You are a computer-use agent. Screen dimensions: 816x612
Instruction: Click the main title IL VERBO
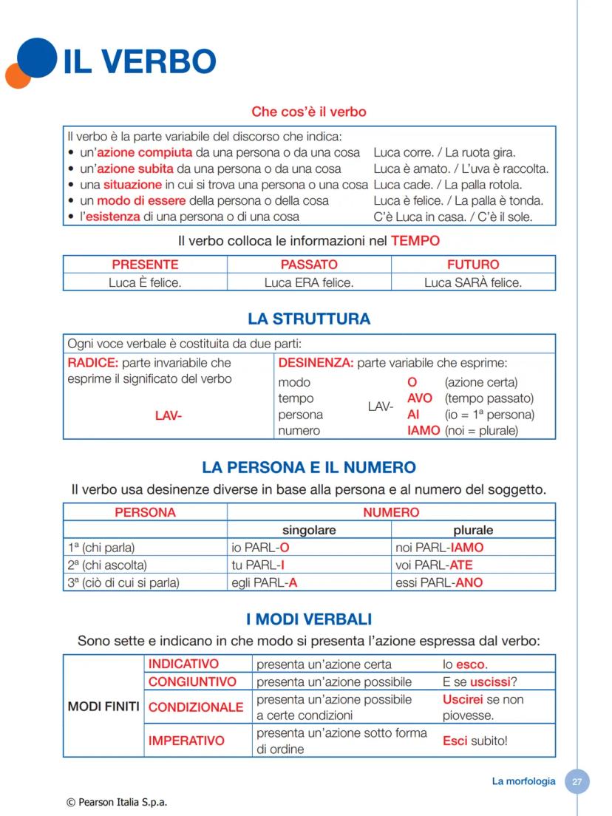pos(140,62)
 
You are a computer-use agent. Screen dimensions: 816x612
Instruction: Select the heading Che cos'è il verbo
pos(308,112)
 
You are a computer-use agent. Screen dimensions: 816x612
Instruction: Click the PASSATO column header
pos(309,265)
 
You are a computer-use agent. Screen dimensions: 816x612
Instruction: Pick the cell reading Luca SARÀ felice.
pos(473,282)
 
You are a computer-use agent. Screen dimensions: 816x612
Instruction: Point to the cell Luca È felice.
pos(145,282)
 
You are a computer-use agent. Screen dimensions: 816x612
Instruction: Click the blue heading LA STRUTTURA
pos(309,319)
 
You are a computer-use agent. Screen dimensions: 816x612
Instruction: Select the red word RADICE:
pos(92,363)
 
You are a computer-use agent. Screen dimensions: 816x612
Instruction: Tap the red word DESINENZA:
pos(316,363)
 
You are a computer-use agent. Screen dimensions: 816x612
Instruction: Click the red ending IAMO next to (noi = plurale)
pos(424,430)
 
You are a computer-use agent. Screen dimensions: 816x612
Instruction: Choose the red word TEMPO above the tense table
pos(415,240)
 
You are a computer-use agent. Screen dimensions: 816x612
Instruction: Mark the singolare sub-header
pos(309,530)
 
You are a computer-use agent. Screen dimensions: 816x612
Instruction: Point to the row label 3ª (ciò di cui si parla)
pos(123,582)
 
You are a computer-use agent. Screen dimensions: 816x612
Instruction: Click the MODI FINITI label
pos(103,707)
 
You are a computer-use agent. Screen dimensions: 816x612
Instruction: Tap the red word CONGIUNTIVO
pos(193,681)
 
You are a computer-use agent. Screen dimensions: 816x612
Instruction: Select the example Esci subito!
pos(475,741)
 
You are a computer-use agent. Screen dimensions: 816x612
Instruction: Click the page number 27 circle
pos(577,781)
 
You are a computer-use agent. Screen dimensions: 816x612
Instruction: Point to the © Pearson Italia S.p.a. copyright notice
pos(117,801)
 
